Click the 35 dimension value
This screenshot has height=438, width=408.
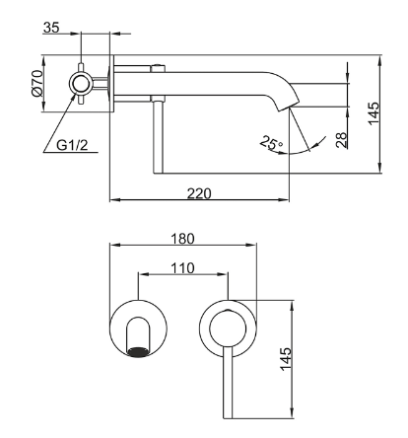pos(51,28)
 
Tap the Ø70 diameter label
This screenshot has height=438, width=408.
pos(37,83)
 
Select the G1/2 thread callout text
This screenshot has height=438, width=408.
pos(72,145)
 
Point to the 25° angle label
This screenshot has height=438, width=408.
pos(272,144)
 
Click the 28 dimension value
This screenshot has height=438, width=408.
pos(342,140)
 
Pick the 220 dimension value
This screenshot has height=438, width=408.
pos(199,193)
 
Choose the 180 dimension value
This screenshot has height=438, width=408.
pos(182,239)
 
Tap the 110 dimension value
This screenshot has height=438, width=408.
pos(182,268)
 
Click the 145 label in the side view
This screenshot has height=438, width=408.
pos(374,113)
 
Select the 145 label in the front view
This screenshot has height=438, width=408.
pos(286,359)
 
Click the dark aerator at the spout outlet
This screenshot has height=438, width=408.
pos(138,351)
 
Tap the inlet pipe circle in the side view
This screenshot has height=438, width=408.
pos(81,83)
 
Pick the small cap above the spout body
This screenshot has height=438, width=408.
pos(158,68)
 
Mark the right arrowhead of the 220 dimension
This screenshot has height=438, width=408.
pos(285,199)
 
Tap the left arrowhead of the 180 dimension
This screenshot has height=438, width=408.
pos(114,245)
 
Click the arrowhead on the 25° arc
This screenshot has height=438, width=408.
pos(316,145)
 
